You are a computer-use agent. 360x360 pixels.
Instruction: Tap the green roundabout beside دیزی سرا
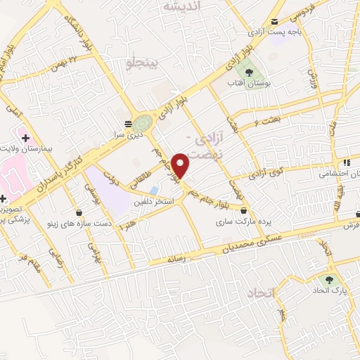click(143, 122)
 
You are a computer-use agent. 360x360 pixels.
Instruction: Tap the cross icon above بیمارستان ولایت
click(26, 137)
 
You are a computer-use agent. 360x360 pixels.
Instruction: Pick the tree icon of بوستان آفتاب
click(247, 72)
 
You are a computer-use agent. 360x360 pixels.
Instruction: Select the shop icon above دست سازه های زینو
click(79, 212)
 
